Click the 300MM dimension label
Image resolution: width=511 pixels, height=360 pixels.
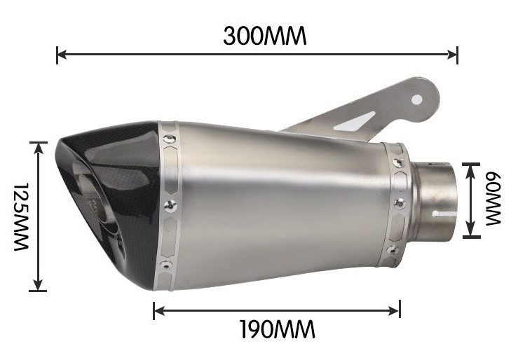265,36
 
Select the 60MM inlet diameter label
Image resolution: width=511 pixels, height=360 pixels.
493,200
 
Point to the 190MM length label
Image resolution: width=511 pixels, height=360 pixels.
277,328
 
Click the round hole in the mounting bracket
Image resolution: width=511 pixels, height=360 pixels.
417,99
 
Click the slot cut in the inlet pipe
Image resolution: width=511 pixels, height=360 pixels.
442,211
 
